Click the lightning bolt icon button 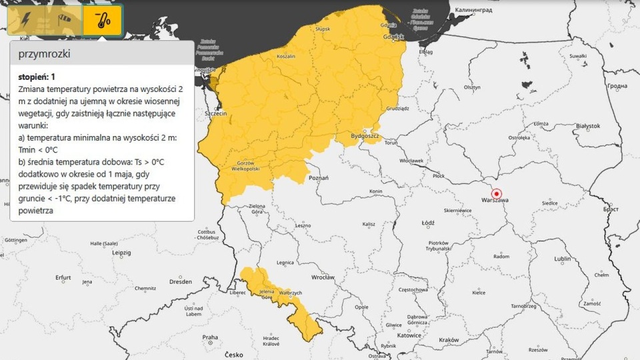point(25,20)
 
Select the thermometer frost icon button point(102,20)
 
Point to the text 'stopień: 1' point(37,77)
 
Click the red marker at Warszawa point(496,193)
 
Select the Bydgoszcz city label point(365,137)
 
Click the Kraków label point(449,340)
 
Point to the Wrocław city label point(323,277)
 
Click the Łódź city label point(428,223)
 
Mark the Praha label point(210,337)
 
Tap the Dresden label point(180,282)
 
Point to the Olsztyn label point(472,87)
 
